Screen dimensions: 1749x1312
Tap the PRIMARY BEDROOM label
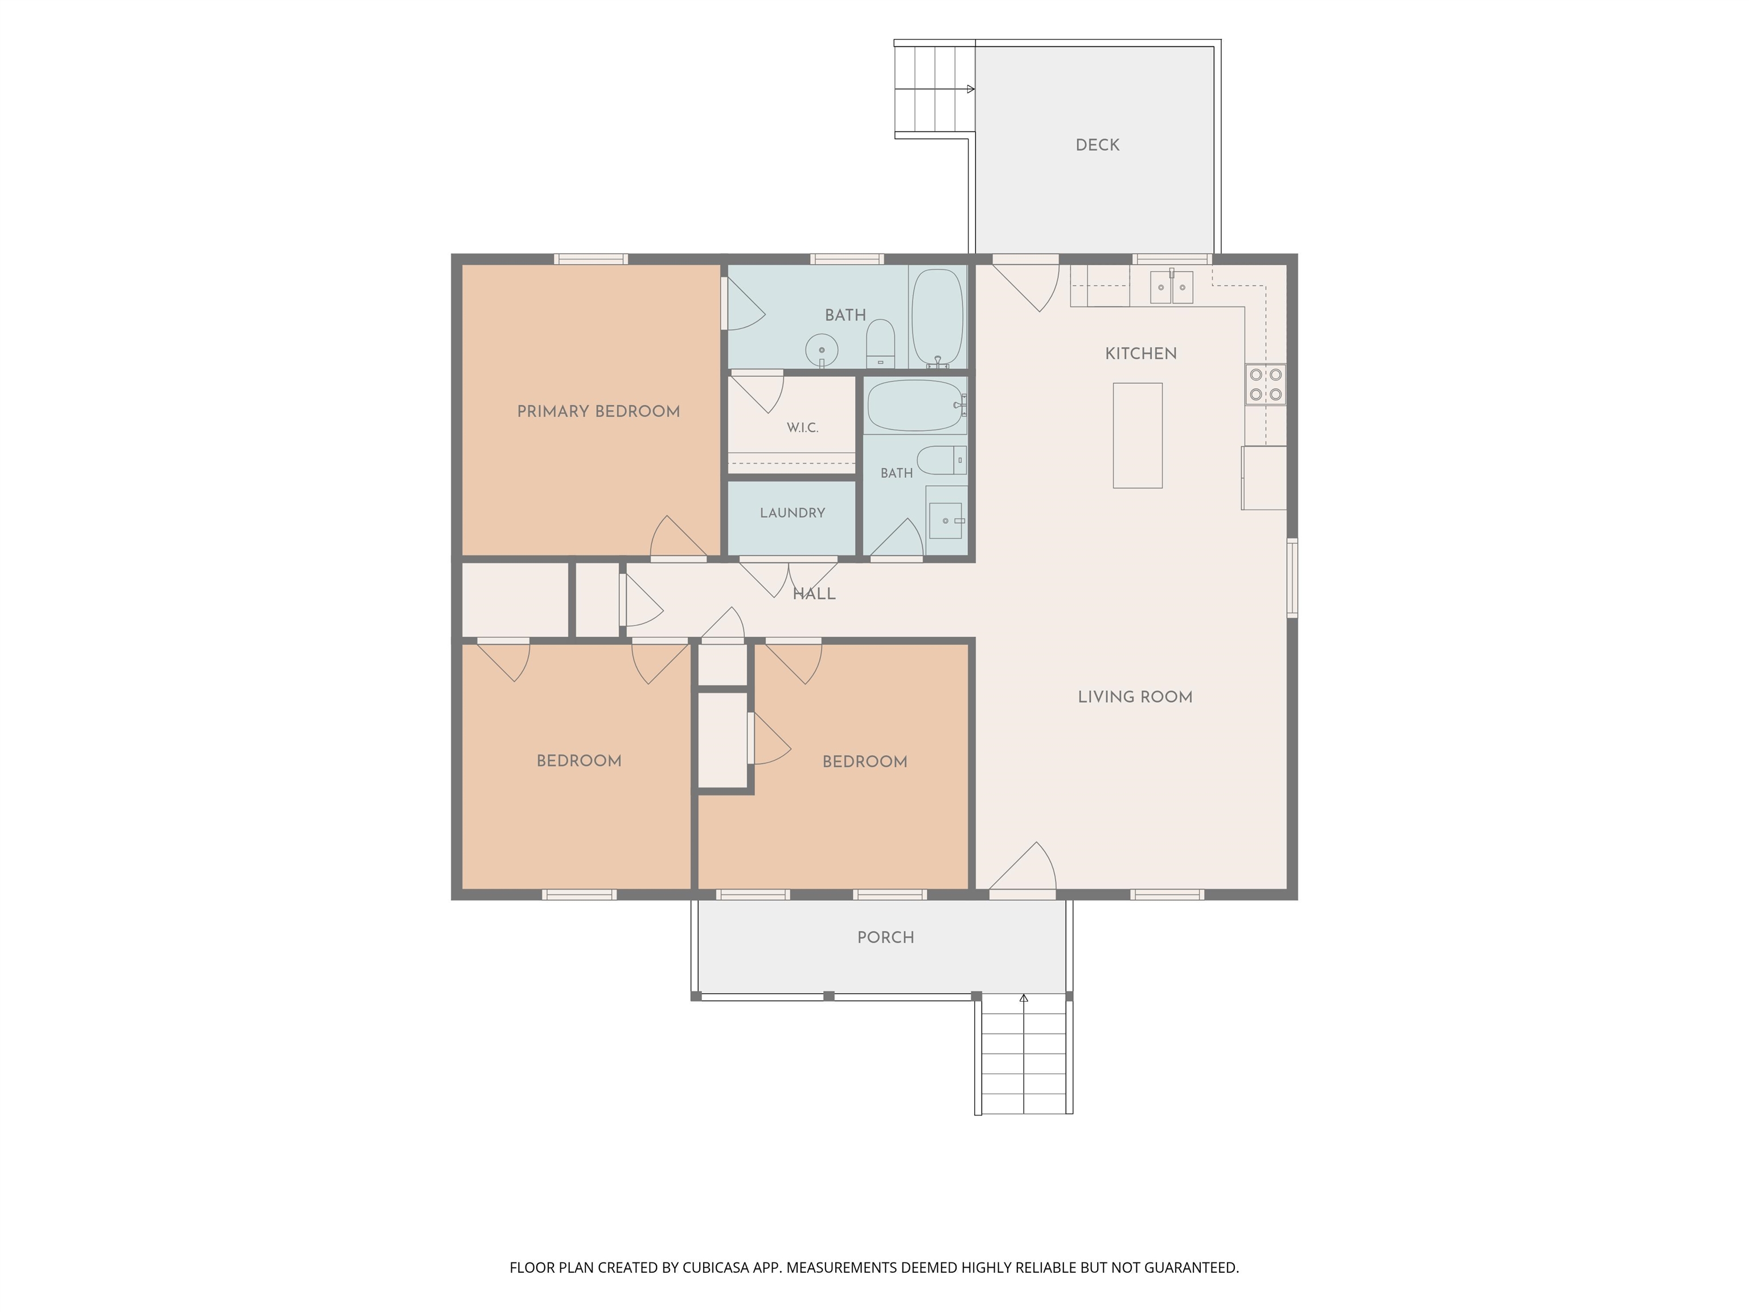[598, 411]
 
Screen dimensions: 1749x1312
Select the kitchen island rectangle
[1138, 436]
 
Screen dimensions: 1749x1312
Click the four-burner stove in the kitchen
[1265, 384]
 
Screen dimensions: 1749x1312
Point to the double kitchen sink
[1171, 287]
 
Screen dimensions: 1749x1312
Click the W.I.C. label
[803, 428]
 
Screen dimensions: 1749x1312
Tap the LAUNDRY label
[793, 512]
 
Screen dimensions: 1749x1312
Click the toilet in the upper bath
[880, 343]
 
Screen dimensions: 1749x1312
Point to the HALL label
[814, 594]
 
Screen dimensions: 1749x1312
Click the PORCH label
[885, 937]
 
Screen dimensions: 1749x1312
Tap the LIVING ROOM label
[1135, 697]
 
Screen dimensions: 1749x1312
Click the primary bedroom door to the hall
[679, 538]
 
